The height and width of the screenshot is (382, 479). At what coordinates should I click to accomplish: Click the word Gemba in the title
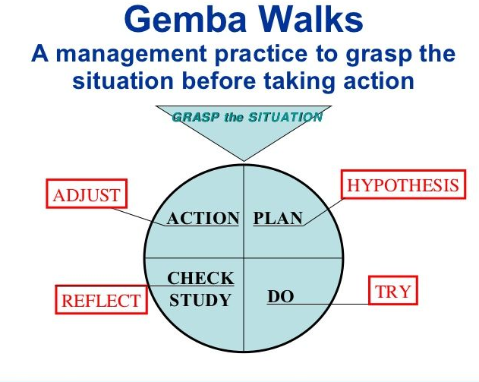click(185, 19)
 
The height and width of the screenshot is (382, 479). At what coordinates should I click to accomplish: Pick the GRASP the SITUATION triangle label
click(247, 117)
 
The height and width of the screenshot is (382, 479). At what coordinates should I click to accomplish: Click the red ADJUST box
click(87, 194)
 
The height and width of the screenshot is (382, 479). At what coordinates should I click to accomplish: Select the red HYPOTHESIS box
click(403, 185)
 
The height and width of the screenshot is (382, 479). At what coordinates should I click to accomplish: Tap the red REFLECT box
click(102, 299)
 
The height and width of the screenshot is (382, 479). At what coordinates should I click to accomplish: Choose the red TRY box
click(393, 290)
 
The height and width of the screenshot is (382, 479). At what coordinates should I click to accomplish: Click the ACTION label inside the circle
click(203, 218)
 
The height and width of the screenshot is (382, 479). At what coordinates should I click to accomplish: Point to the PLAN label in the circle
click(278, 218)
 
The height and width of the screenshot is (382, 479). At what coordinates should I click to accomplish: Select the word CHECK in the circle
click(200, 278)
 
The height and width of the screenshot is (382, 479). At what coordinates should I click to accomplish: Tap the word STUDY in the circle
click(200, 300)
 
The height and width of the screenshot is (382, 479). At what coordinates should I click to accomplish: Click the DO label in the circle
click(281, 296)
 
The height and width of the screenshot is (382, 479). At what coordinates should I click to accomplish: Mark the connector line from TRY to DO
click(318, 304)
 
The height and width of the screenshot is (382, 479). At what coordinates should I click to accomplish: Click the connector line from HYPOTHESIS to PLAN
click(324, 212)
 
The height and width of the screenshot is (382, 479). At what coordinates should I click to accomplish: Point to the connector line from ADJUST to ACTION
click(139, 217)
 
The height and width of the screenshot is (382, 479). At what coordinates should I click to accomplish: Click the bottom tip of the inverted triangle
click(244, 161)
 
